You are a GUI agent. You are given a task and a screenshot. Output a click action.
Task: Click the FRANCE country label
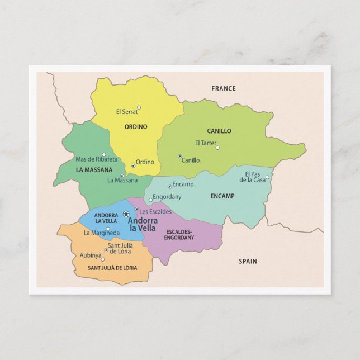(x=223, y=88)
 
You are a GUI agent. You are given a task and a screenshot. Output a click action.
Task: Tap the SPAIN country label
(x=248, y=261)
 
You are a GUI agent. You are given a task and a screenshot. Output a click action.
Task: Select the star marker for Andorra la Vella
(x=126, y=214)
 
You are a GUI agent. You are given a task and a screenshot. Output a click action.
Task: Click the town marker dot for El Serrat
(x=139, y=108)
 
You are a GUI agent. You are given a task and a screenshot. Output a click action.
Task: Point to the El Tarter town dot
(x=217, y=148)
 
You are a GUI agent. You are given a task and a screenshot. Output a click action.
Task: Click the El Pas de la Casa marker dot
(x=267, y=177)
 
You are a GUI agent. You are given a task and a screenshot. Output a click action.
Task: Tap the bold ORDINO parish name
(x=136, y=127)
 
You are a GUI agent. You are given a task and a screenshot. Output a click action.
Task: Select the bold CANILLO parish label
(x=219, y=131)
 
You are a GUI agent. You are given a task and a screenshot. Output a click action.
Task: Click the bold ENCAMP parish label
(x=222, y=196)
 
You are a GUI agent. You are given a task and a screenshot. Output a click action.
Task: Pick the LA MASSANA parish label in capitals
(x=94, y=170)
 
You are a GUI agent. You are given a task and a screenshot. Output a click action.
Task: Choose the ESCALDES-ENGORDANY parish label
(x=179, y=234)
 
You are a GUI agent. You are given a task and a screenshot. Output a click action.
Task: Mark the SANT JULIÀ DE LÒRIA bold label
(x=112, y=268)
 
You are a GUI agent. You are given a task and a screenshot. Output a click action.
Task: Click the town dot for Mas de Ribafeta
(x=103, y=155)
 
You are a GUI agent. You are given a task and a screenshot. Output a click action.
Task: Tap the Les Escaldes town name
(x=155, y=212)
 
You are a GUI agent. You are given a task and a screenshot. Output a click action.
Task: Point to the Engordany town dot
(x=150, y=200)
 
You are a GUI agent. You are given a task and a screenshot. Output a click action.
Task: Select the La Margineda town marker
(x=108, y=229)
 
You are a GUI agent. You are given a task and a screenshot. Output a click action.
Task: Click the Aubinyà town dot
(x=102, y=259)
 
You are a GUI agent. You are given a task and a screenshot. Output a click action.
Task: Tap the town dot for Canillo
(x=179, y=157)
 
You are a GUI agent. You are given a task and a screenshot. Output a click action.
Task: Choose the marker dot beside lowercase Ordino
(x=133, y=165)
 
